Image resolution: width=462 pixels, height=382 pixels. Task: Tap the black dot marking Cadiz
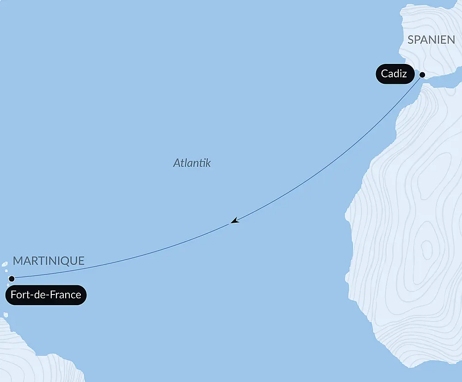(422, 74)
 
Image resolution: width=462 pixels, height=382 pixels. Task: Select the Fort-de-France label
(46, 295)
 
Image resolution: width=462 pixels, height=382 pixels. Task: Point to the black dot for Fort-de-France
(12, 279)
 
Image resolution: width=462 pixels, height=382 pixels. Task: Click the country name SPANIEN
(431, 40)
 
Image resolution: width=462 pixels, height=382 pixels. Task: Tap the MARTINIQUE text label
(49, 261)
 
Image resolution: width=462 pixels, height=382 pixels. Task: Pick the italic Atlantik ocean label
(192, 163)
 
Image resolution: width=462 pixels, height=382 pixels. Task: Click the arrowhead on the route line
(235, 221)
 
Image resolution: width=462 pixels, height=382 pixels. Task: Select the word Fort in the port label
(19, 295)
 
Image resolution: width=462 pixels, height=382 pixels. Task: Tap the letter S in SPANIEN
(410, 40)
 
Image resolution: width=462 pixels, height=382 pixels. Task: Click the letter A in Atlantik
(176, 163)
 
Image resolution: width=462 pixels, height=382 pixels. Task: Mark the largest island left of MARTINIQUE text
(5, 264)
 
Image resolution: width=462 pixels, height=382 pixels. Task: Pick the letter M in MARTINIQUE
(17, 261)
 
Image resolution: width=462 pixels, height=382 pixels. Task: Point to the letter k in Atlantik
(208, 163)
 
